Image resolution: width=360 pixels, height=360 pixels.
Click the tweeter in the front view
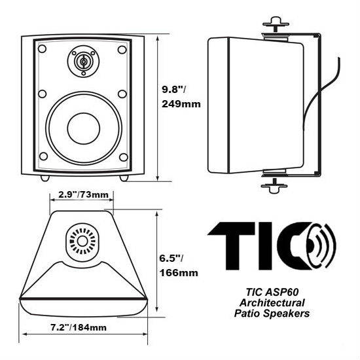pos(82,62)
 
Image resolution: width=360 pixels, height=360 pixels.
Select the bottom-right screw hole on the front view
pos(122,156)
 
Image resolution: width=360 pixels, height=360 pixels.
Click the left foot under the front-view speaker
pos(43,177)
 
